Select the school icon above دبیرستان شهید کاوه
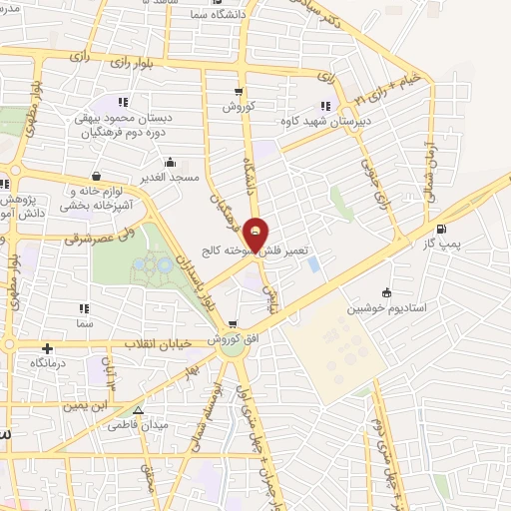point(324,105)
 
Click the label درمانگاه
point(48,364)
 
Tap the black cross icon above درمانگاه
point(46,349)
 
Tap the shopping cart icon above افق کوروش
point(232,324)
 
